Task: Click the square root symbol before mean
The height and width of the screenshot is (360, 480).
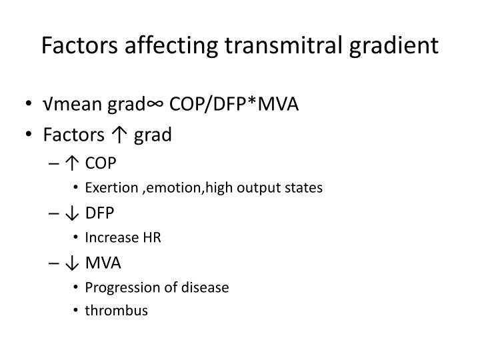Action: click(x=47, y=105)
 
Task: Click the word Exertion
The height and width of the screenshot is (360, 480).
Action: click(x=111, y=188)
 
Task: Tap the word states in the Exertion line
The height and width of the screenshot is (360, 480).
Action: click(x=306, y=188)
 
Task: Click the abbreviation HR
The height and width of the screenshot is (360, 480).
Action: click(x=152, y=238)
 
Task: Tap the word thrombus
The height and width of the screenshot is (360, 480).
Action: click(x=116, y=311)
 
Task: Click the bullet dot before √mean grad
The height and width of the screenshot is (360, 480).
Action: click(x=30, y=105)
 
